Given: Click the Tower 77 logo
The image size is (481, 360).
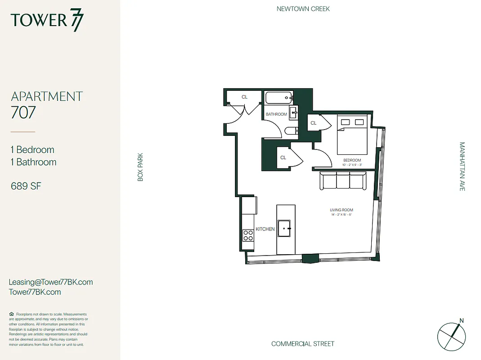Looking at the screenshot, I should [47, 21].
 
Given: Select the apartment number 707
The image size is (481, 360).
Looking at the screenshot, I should [23, 112].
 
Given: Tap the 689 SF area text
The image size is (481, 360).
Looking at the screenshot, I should [26, 185].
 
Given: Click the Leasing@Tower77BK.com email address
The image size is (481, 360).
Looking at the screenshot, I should [51, 282].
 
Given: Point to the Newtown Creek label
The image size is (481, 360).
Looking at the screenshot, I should [303, 9].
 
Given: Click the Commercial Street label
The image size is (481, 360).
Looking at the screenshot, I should [303, 344].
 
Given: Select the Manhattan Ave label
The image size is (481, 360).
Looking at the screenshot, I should [462, 166].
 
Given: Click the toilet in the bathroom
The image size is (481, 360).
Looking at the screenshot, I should [291, 131].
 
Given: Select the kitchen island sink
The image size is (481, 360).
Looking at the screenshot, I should [285, 228].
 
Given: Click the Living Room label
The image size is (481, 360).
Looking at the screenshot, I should [342, 210].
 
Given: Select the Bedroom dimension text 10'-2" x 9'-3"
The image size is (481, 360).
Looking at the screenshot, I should [352, 165].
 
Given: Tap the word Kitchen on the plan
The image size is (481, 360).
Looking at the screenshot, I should [265, 229].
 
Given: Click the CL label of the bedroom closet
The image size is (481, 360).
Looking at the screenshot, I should [314, 123].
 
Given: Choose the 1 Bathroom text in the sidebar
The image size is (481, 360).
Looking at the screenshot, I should [34, 162].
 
